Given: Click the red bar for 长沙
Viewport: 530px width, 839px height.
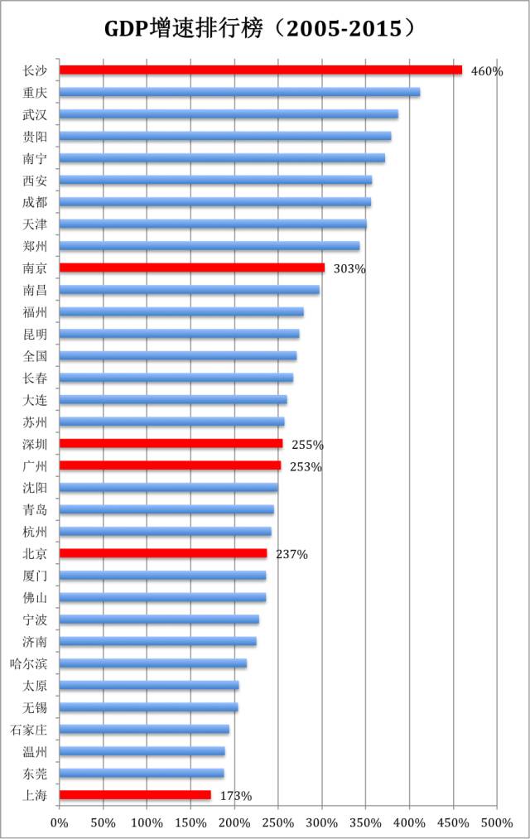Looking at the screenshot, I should coord(261,70).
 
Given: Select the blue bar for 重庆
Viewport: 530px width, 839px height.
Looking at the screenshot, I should coord(240,92).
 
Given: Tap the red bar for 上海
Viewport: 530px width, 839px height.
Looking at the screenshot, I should coord(135,795).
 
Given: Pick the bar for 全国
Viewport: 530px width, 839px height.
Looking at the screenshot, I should coord(178,356).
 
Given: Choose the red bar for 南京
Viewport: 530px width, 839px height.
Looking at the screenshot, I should coord(192,268).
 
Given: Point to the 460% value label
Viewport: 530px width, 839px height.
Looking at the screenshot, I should coord(486,71).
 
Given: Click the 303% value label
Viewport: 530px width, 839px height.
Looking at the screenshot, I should coord(349,269).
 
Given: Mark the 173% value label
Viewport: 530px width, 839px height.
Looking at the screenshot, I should coord(235,797).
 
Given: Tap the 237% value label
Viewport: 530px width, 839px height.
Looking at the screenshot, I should coord(291,555).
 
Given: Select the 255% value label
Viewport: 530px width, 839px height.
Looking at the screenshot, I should coord(307,445).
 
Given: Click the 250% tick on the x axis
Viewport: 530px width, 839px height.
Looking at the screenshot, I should coord(278,822).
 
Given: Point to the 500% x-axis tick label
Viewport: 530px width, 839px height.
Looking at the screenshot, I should coord(497,822).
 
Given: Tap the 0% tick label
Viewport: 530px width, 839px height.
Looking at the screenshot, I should coord(60,822).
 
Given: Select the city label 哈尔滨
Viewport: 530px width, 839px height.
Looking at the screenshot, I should coord(28,663).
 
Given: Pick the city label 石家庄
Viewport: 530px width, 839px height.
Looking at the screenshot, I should coord(28,730).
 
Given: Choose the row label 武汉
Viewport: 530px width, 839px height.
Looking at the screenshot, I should coord(35,114).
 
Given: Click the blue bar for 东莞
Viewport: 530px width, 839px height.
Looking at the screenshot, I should coord(142,774).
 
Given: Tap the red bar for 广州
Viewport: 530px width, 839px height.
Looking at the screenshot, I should coord(170,465).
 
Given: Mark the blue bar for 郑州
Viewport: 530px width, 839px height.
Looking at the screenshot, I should coord(210,246).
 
